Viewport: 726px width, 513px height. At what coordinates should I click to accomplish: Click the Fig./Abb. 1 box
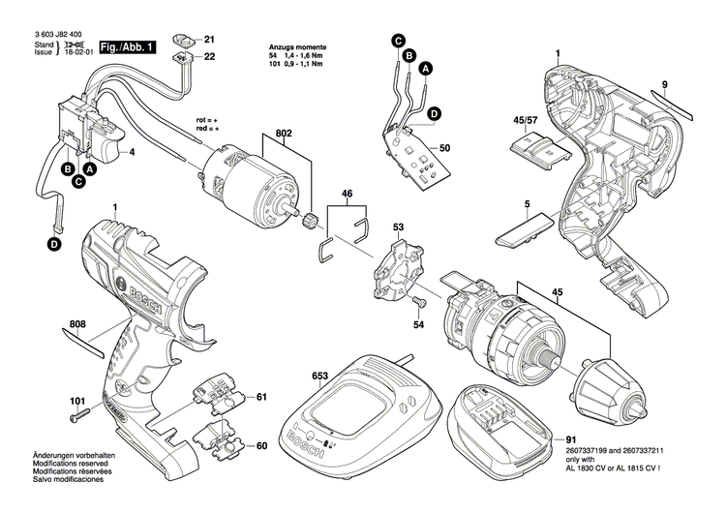pyautogui.click(x=125, y=46)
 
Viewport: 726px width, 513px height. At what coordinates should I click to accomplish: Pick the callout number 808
pyautogui.click(x=78, y=325)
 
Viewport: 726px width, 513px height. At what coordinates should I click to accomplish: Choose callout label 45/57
pyautogui.click(x=527, y=120)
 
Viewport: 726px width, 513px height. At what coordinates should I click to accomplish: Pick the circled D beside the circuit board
pyautogui.click(x=434, y=113)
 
